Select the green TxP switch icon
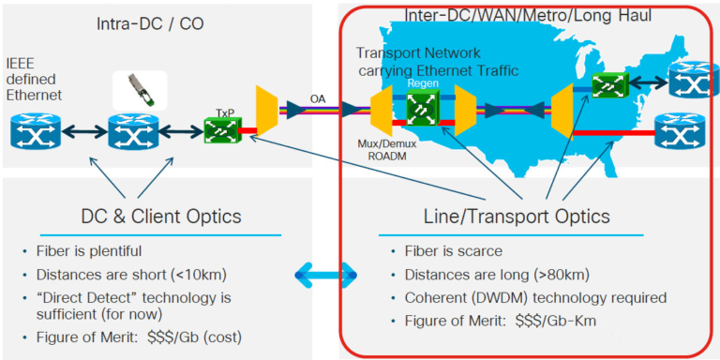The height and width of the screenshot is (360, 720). pyautogui.click(x=223, y=130)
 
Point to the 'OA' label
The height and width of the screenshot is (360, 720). pyautogui.click(x=318, y=97)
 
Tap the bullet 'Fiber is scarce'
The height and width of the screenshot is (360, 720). pyautogui.click(x=451, y=251)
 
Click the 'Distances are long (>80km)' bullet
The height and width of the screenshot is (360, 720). pyautogui.click(x=487, y=275)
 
